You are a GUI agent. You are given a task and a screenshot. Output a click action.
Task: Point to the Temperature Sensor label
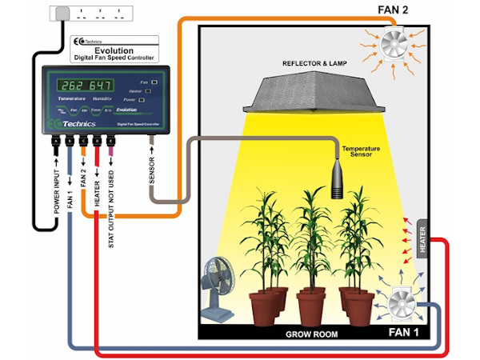[x=360, y=153]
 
